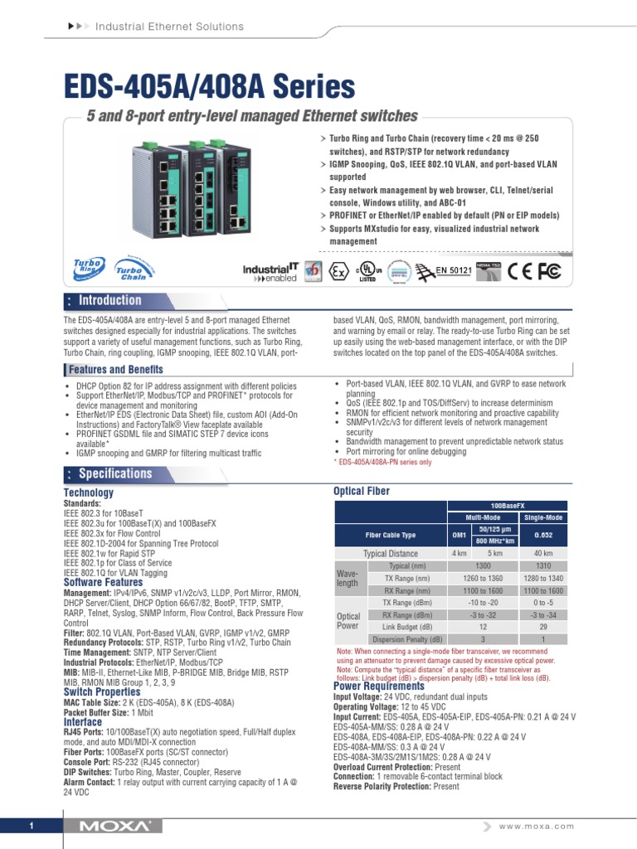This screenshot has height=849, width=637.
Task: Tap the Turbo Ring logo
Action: click(87, 268)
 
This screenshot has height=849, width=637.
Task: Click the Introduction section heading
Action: click(109, 300)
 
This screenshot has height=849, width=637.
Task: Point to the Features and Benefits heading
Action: click(116, 369)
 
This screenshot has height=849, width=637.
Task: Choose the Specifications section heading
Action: click(114, 473)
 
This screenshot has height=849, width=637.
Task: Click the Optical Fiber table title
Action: click(361, 492)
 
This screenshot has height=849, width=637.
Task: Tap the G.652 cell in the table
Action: click(543, 535)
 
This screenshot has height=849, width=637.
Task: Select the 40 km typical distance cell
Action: click(543, 553)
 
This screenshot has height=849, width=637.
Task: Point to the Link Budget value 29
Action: click(543, 628)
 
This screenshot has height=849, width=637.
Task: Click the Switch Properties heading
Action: click(102, 691)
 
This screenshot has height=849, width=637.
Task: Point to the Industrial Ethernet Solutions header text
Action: click(169, 27)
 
